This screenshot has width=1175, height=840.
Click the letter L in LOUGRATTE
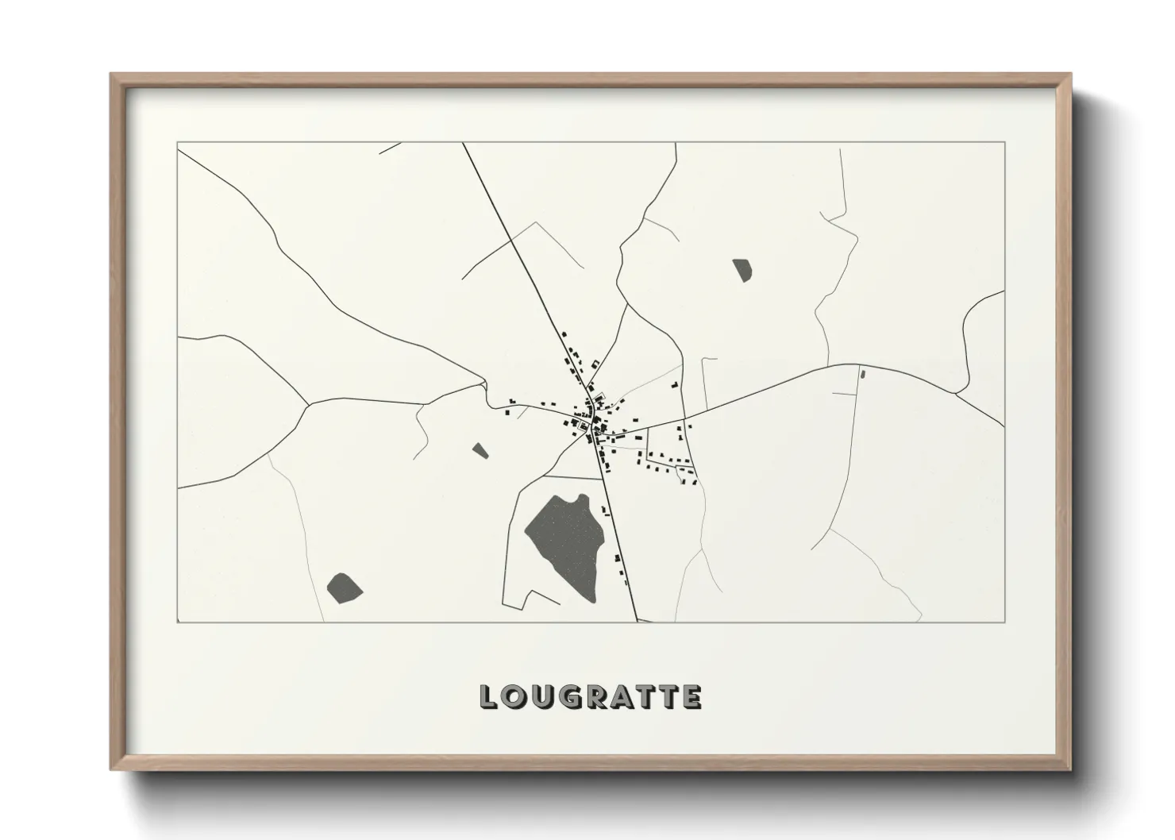click(488, 697)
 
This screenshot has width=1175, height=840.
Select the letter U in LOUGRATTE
click(541, 697)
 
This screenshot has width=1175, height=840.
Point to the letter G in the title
click(568, 697)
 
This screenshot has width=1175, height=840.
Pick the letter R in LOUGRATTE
click(595, 697)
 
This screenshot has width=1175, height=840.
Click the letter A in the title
click(622, 697)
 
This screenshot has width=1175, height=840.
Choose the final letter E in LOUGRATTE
click(692, 697)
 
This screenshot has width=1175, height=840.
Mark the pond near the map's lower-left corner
click(344, 587)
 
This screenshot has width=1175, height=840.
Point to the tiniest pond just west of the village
click(480, 451)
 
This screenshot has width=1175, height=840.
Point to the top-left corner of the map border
click(177, 142)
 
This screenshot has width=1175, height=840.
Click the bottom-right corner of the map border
click(1005, 622)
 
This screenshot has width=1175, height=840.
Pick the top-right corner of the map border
click(1005, 142)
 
